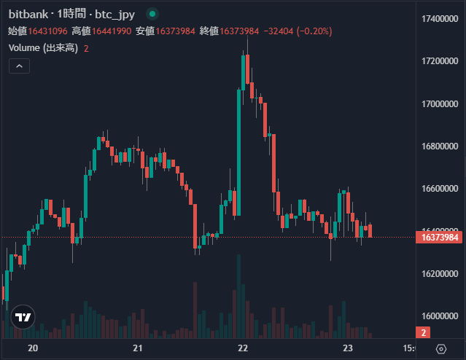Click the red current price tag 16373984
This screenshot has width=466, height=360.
440,238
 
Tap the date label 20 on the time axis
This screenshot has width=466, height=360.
32,348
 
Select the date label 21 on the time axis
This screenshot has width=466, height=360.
138,348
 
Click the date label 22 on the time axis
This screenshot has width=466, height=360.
244,348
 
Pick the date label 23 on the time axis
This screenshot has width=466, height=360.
349,348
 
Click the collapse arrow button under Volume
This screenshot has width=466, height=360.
19,66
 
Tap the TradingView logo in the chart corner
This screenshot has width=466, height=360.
23,317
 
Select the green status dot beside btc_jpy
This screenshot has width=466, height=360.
152,14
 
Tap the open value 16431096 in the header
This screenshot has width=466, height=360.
48,31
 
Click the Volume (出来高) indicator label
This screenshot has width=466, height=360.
43,48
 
